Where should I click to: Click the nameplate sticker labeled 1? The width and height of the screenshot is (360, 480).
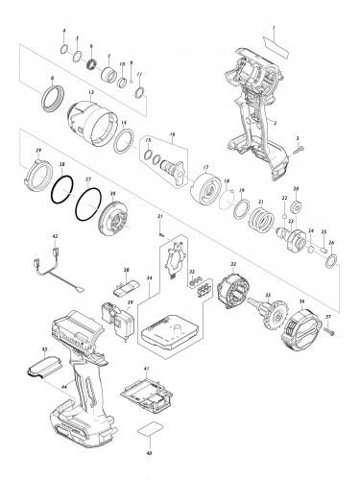click(276, 43)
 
